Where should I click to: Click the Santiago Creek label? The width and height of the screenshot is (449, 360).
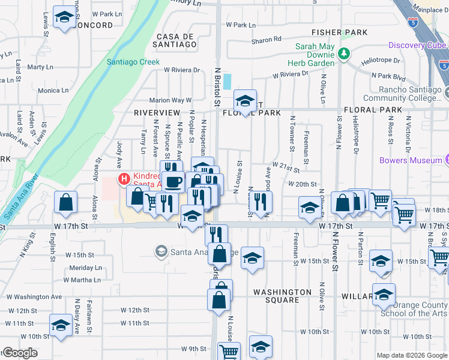pos(133,61)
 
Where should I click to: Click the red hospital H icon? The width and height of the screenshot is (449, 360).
pos(124,179)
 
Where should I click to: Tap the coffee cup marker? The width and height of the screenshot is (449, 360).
pos(173,181)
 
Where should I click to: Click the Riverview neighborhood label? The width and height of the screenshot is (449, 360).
pos(157,113)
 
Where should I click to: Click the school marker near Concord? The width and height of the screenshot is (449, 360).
pos(64,17)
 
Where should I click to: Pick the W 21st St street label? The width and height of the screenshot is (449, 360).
pos(285,164)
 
